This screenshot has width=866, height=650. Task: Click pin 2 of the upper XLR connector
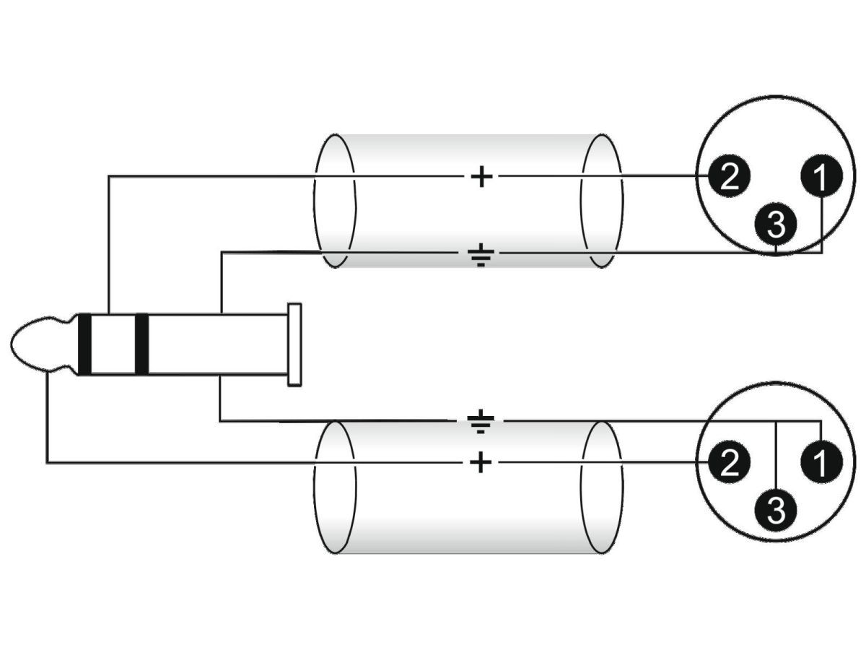[728, 178]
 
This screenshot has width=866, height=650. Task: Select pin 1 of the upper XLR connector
[821, 176]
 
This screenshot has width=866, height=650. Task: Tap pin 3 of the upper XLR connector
[775, 224]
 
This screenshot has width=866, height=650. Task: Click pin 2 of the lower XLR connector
[728, 463]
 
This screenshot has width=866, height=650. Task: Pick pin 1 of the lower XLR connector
[821, 461]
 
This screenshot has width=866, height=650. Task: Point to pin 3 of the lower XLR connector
[775, 510]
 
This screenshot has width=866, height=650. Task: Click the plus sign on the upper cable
[481, 176]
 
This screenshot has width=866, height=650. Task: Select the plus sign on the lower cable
[481, 462]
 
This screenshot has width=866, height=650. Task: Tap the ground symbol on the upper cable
[481, 255]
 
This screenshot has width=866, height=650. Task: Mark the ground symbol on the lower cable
[480, 421]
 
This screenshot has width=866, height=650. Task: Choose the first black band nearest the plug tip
[85, 344]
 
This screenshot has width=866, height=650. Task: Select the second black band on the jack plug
[141, 344]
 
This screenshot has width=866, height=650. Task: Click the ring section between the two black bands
[113, 344]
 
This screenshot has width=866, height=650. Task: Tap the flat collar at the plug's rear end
[294, 344]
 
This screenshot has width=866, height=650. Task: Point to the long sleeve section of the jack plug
[218, 344]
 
